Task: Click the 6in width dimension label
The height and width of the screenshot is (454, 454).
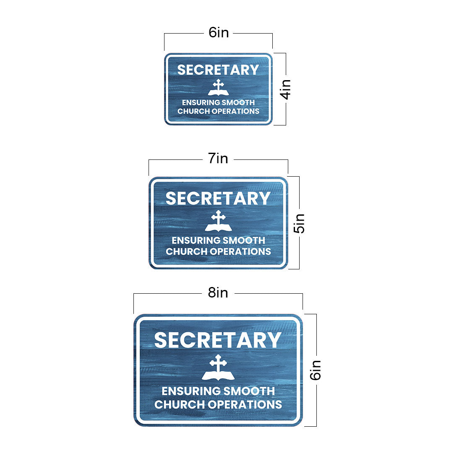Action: click(x=219, y=33)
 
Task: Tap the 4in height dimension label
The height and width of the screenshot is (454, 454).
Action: click(x=286, y=89)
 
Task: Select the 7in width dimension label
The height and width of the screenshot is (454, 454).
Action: click(x=218, y=159)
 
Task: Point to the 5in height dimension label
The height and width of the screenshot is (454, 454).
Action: click(x=300, y=223)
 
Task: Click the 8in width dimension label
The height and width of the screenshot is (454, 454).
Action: click(x=218, y=293)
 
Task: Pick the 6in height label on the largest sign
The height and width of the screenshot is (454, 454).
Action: click(x=316, y=370)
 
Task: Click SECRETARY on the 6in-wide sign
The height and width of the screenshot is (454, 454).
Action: click(x=218, y=70)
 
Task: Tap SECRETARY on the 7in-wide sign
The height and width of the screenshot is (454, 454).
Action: click(x=218, y=198)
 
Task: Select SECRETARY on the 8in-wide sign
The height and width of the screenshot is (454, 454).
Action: click(x=218, y=340)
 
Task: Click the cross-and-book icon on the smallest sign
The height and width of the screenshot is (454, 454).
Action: click(x=218, y=88)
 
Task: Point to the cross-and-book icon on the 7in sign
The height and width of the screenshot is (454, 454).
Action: click(x=218, y=221)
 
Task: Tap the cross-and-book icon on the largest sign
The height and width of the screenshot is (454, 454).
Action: click(x=218, y=368)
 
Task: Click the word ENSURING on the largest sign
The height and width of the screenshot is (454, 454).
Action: click(x=190, y=391)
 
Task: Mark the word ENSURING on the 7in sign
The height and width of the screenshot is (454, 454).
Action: click(x=196, y=241)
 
